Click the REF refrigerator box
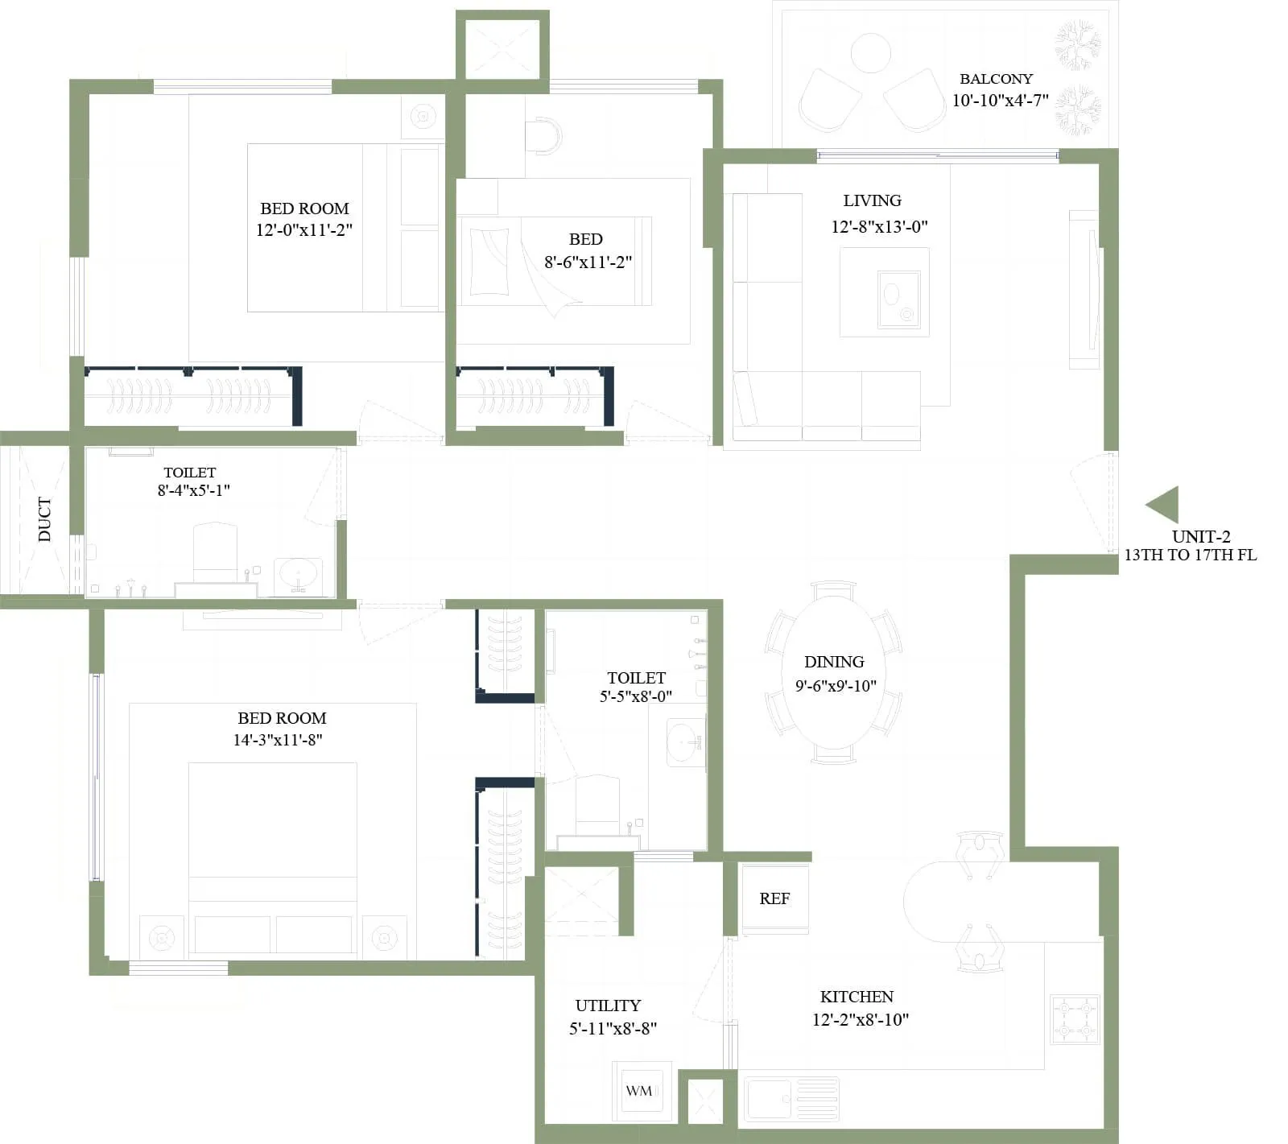[774, 898]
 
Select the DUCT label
[44, 519]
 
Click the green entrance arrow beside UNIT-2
[1164, 505]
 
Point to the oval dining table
[833, 673]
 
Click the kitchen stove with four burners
[1075, 1019]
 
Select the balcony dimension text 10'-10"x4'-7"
[1000, 101]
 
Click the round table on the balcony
[870, 52]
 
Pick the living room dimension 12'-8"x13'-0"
[879, 227]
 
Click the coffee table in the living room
[884, 291]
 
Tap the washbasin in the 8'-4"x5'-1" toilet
[299, 575]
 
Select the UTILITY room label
[608, 1006]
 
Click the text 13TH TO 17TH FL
[1190, 555]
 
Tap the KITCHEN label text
[857, 997]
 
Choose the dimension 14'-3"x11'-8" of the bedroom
[278, 740]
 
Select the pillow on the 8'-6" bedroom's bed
[489, 262]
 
